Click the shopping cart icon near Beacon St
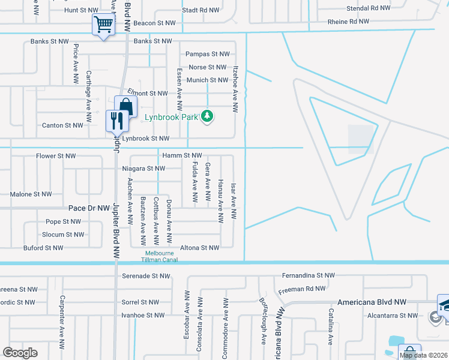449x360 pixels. (103, 25)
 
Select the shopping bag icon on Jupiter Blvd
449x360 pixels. (125, 107)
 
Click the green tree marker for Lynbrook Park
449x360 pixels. (207, 116)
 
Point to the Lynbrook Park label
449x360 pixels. (170, 118)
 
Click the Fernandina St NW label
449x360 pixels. (308, 275)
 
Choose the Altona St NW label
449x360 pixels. (200, 248)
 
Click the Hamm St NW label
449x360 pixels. (182, 156)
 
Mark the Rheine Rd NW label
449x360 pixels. (348, 22)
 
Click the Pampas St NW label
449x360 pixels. (208, 54)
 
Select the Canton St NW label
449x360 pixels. (62, 125)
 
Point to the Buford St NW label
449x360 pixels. (43, 248)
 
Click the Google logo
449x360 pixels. (20, 353)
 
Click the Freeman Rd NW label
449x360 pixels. (302, 289)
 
